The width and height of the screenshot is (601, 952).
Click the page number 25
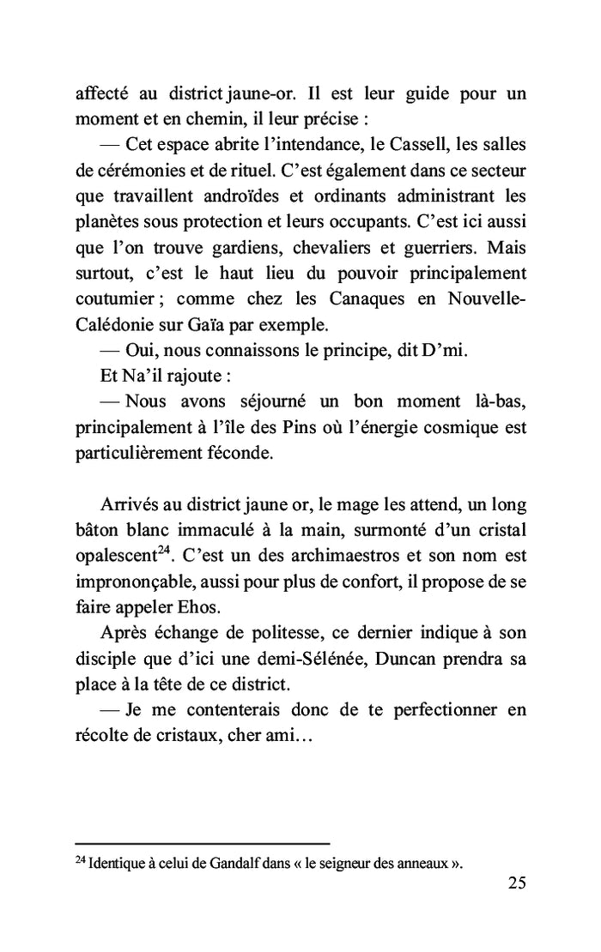pyautogui.click(x=516, y=884)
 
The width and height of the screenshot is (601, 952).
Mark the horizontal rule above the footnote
pyautogui.click(x=203, y=843)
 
